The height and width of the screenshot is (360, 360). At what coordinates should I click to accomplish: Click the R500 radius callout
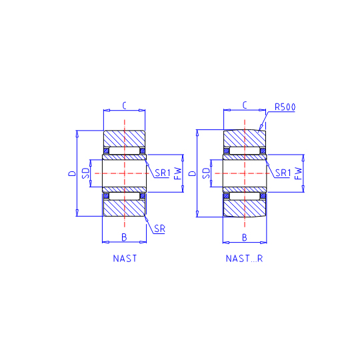pos(285,107)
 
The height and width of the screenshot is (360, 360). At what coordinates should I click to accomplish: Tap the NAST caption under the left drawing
pos(125,259)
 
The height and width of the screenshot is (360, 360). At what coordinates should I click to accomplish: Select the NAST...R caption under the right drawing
pos(244,259)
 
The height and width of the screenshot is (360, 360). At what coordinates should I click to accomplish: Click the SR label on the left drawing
pos(159,229)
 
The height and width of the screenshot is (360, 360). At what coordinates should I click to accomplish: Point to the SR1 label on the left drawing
pos(163,173)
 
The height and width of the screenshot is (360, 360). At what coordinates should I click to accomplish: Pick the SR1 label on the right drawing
pos(283,173)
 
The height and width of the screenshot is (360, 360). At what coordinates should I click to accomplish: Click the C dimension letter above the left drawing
pos(124,105)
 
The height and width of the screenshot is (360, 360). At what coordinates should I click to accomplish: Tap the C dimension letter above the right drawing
pos(245,105)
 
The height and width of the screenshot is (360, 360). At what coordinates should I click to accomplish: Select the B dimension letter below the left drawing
pos(124,237)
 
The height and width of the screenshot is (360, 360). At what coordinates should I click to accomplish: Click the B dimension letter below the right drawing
pos(245,237)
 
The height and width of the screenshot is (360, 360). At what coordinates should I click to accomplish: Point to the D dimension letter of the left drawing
pos(72,173)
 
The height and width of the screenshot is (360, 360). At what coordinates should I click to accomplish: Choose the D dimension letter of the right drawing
pos(193,173)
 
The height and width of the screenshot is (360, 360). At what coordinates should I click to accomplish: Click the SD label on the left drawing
pos(86,173)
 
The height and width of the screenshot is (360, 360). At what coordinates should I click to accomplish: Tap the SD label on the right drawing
pos(207,173)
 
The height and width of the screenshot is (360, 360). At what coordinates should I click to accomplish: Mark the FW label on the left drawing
pos(178,173)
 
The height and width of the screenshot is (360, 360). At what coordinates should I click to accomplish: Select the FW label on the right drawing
pos(298,173)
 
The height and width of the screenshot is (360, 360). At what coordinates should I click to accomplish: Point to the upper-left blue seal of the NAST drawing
pos(106,151)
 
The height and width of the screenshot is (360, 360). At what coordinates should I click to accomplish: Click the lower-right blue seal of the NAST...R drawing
pos(263,196)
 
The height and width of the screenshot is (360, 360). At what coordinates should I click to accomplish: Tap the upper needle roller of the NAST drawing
pos(124,151)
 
